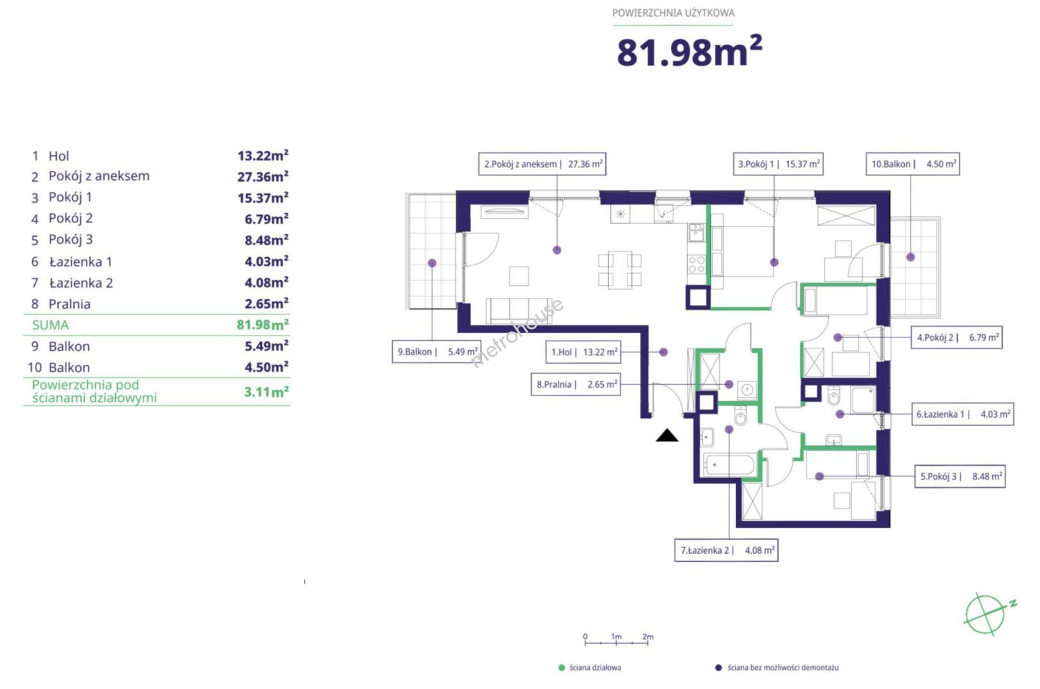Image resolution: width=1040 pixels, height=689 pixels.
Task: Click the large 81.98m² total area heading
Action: pos(689,51)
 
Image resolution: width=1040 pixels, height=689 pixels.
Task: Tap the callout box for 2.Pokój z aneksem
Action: pos(542,164)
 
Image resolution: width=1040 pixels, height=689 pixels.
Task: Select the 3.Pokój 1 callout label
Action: pos(778,164)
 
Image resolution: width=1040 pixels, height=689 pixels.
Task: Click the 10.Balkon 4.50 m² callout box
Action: pos(912,164)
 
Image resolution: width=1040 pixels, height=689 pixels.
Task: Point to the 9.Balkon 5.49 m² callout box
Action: pos(436,352)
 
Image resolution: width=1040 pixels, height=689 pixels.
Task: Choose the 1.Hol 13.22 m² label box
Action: pos(583,352)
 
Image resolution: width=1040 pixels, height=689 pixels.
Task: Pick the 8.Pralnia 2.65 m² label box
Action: pos(576,384)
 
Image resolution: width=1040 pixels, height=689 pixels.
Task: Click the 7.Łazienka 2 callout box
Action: pos(726,551)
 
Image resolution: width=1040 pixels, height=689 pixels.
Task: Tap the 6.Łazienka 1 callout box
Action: pos(962,414)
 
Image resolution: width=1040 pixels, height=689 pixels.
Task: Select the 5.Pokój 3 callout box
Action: pos(960,476)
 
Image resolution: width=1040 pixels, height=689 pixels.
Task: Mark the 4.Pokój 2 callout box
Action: pos(956,337)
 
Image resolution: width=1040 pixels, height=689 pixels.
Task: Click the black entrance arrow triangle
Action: pos(667,436)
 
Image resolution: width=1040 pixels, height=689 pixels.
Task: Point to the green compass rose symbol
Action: pos(987,614)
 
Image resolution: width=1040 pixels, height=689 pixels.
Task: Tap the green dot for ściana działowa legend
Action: pos(561,668)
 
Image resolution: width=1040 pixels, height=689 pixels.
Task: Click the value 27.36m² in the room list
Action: pos(263,177)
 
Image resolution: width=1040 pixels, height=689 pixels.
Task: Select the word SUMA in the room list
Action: pos(50,325)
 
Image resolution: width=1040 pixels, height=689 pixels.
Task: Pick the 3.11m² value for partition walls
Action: pos(266,392)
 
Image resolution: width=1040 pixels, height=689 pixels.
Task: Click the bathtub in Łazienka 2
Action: pos(729,464)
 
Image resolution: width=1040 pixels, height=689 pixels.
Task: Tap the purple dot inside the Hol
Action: pos(663,352)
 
